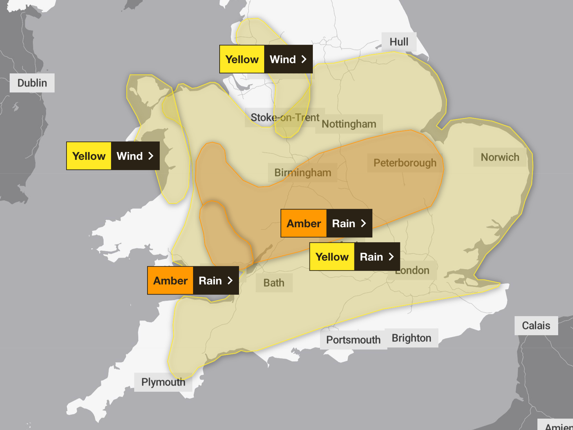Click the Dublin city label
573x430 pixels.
(x=32, y=83)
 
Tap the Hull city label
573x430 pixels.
(x=399, y=42)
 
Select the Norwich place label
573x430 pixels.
(x=500, y=157)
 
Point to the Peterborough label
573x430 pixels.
(x=405, y=163)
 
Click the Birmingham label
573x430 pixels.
(x=303, y=173)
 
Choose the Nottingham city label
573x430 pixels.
(x=349, y=124)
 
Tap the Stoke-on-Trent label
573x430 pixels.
(x=285, y=117)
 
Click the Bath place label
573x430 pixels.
(x=274, y=283)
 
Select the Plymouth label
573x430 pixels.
(x=163, y=382)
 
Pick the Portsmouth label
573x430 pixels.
(x=353, y=340)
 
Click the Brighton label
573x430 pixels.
(x=411, y=338)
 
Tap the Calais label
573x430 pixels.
(x=536, y=326)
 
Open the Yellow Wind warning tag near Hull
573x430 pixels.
(x=266, y=59)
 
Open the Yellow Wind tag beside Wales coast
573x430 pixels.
(x=113, y=156)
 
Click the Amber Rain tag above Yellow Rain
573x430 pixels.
(x=326, y=223)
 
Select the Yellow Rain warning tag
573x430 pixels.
(x=355, y=257)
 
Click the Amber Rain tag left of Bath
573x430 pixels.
(x=193, y=280)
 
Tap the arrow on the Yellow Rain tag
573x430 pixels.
(x=391, y=257)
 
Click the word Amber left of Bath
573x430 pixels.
(x=170, y=280)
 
